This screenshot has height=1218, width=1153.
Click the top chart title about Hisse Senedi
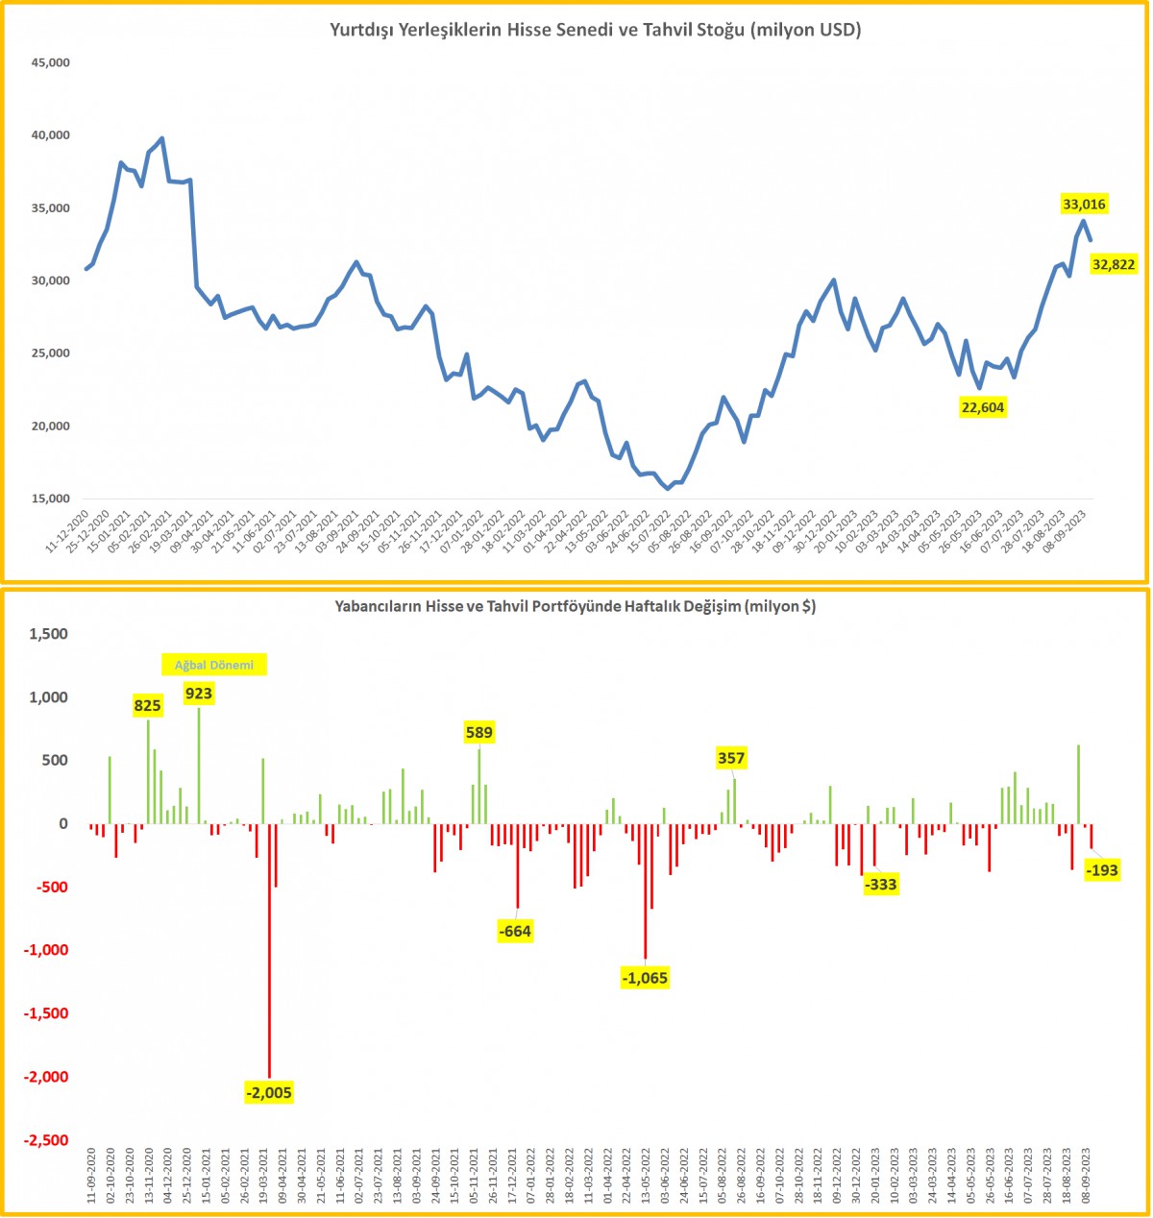596,30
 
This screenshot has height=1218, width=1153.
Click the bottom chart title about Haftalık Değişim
575,606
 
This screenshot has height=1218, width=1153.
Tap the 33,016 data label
1084,204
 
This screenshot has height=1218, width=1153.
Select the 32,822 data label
1114,264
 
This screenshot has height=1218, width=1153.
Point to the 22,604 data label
983,407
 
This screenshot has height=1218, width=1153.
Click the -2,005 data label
269,1092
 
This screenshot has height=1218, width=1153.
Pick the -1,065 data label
645,978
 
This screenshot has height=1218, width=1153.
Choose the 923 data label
199,694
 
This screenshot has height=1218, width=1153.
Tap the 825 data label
148,706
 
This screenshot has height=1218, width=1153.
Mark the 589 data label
479,733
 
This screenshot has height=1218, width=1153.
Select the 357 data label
731,758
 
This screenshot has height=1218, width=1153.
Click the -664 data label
515,930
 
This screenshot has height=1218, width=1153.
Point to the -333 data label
880,884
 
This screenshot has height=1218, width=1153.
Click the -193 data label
1101,870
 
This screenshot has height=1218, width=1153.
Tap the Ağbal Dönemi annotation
212,664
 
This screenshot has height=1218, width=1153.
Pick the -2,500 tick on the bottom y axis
48,1140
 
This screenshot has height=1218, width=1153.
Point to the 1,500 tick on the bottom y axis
50,634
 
